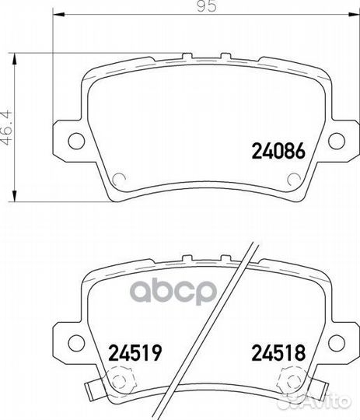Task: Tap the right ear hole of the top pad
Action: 337,140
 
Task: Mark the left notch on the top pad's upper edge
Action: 188,56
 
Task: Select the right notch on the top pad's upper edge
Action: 223,56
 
